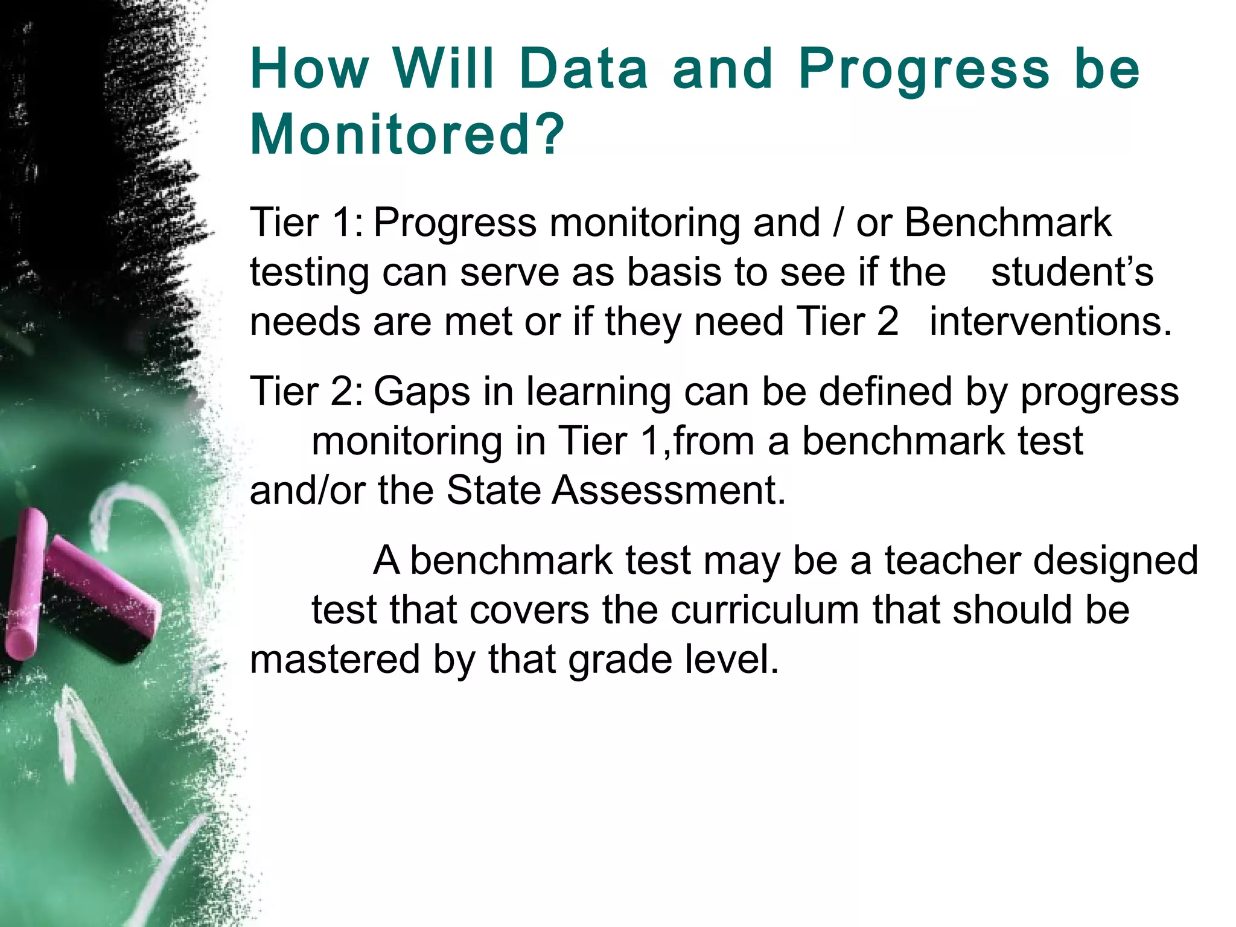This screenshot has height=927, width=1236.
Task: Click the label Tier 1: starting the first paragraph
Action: point(307,223)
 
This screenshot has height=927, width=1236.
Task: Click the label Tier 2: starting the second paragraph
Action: point(307,392)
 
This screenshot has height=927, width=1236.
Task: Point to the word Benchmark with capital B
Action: point(1007,223)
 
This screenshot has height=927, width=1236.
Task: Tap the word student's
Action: point(1072,272)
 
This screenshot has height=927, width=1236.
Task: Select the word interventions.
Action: point(1050,322)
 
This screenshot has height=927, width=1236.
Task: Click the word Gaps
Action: point(422,392)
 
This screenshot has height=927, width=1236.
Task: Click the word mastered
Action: point(334,660)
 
